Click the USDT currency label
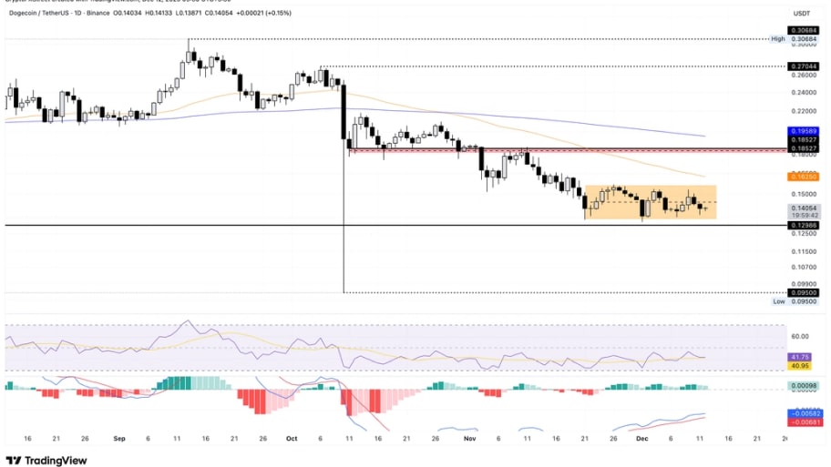(802, 13)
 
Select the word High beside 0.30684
(776, 39)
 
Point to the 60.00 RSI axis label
(802, 336)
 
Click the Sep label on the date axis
(119, 438)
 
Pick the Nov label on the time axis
(469, 438)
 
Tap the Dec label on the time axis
(643, 438)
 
